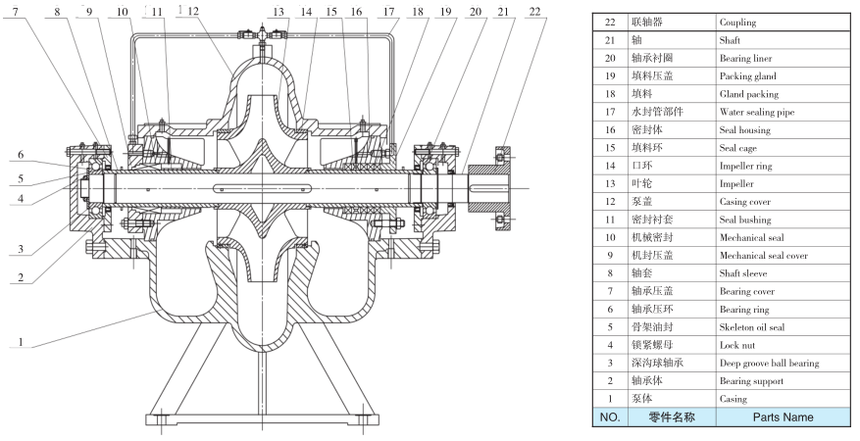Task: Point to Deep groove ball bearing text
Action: click(x=770, y=364)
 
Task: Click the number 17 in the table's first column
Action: click(x=610, y=113)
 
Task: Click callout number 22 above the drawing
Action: click(x=533, y=11)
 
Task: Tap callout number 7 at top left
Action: click(x=15, y=11)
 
